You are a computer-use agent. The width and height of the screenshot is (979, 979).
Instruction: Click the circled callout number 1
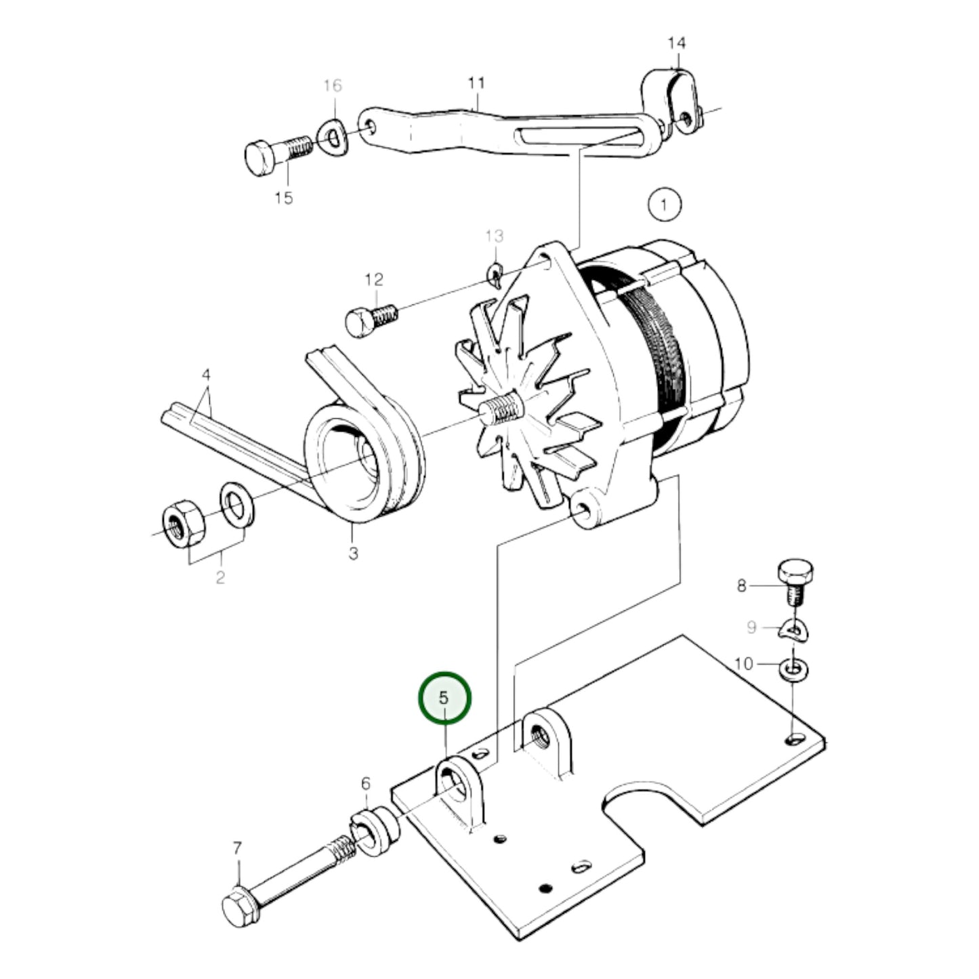point(664,205)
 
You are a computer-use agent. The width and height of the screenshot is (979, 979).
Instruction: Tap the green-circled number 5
point(444,698)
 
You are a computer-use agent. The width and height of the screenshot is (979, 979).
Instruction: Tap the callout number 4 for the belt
point(206,375)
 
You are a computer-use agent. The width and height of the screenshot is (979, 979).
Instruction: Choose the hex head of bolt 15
point(259,157)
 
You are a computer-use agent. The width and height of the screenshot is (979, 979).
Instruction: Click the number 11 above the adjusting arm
point(476,83)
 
